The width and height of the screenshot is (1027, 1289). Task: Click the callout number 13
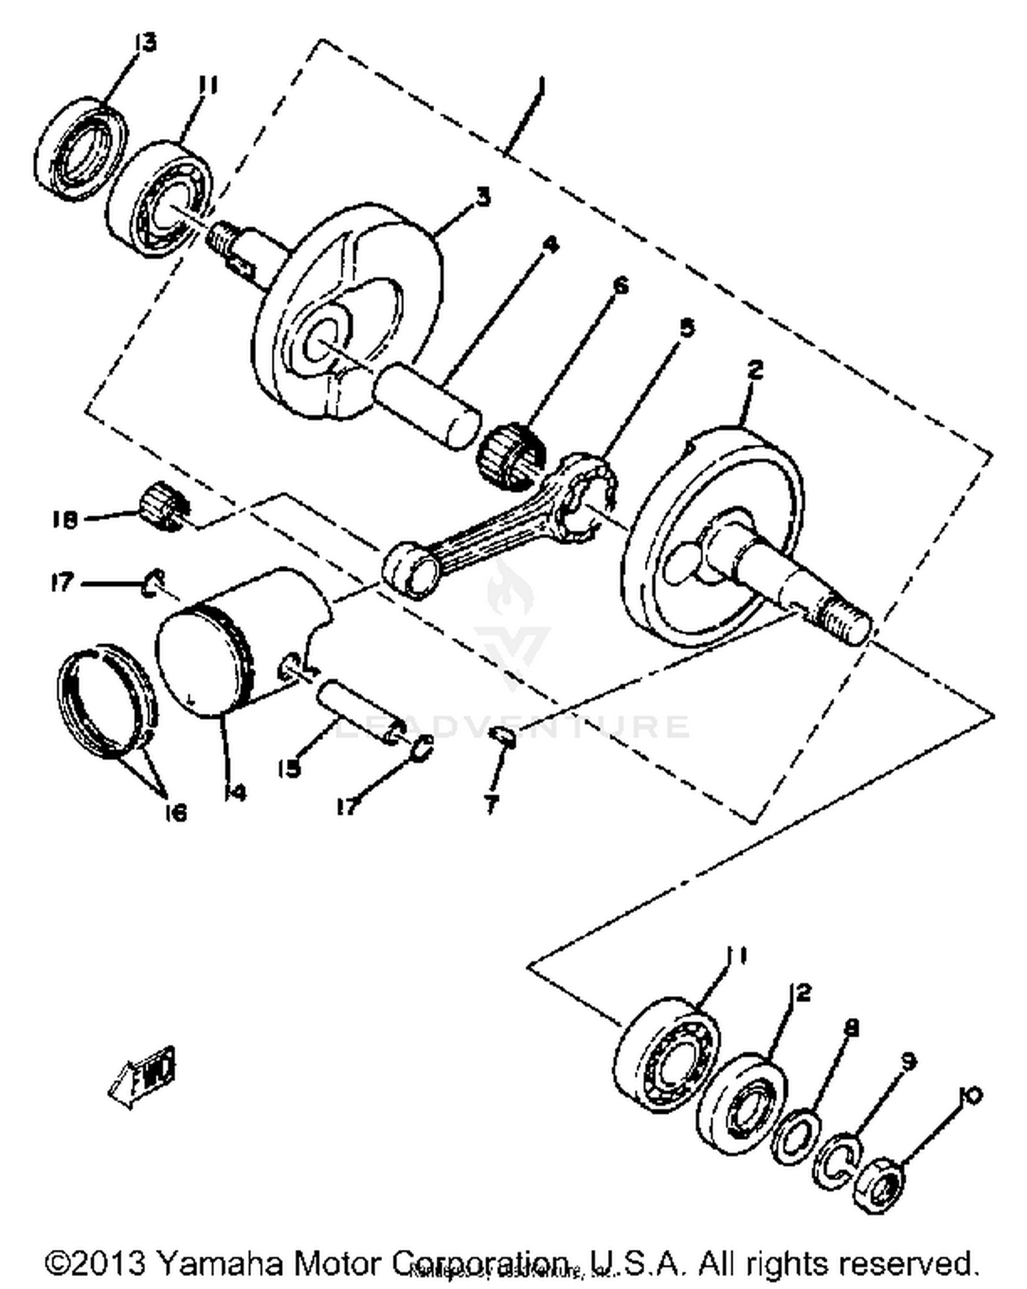[x=144, y=42]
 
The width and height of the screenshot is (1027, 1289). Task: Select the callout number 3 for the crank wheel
[x=483, y=198]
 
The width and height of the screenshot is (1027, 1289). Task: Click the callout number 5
[x=686, y=327]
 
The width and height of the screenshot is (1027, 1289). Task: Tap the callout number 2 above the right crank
[x=755, y=370]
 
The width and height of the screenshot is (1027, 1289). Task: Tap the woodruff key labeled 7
[x=505, y=737]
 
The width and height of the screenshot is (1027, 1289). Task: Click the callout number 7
[x=491, y=805]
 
